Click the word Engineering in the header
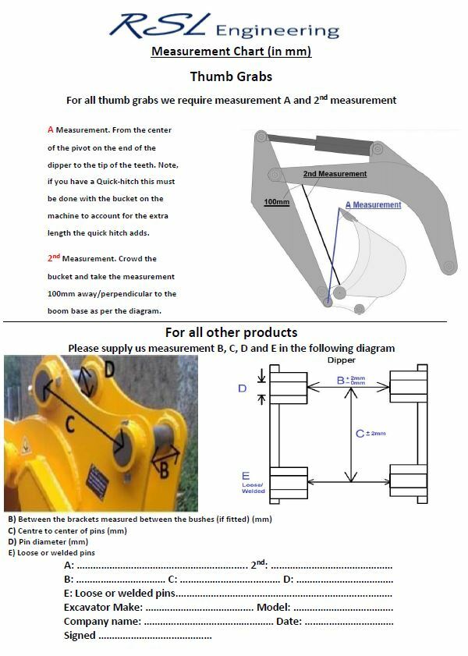click(x=277, y=30)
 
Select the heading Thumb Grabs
click(x=231, y=76)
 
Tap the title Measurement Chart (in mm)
click(x=231, y=52)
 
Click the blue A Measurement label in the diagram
click(x=373, y=205)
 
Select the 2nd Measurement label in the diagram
click(x=335, y=174)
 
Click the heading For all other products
click(x=231, y=332)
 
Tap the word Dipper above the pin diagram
click(x=341, y=360)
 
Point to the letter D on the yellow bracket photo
click(x=108, y=368)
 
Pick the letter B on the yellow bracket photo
click(x=163, y=469)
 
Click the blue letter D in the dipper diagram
click(x=242, y=388)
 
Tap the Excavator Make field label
click(x=103, y=607)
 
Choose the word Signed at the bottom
click(x=80, y=635)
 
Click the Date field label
click(x=289, y=621)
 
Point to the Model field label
click(x=273, y=607)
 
